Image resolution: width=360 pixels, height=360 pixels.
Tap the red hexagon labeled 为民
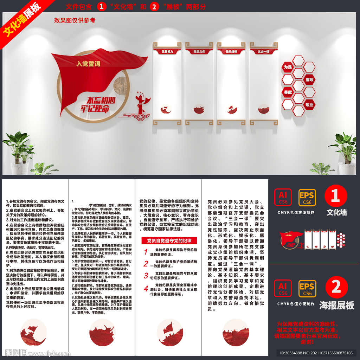pyautogui.click(x=288, y=67)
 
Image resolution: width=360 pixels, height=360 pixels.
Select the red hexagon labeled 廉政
pyautogui.click(x=309, y=80)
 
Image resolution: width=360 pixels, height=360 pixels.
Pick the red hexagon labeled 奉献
pyautogui.click(x=288, y=92)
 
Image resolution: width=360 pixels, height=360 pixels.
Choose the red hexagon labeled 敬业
pyautogui.click(x=309, y=105)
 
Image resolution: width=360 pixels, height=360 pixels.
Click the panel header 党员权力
pyautogui.click(x=167, y=51)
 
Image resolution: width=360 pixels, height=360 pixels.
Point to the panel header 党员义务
pyautogui.click(x=199, y=51)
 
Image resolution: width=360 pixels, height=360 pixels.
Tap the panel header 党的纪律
pyautogui.click(x=231, y=51)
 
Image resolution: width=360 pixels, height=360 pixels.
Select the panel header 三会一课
pyautogui.click(x=263, y=51)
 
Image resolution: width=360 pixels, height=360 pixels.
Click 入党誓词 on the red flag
pyautogui.click(x=89, y=64)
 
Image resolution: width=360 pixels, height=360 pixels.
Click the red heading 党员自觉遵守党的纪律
pyautogui.click(x=169, y=241)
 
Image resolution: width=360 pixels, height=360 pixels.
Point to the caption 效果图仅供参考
pyautogui.click(x=75, y=20)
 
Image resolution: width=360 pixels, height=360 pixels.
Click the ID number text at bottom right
pyautogui.click(x=316, y=353)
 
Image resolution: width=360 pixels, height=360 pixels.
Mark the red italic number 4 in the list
pyautogui.click(x=146, y=289)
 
